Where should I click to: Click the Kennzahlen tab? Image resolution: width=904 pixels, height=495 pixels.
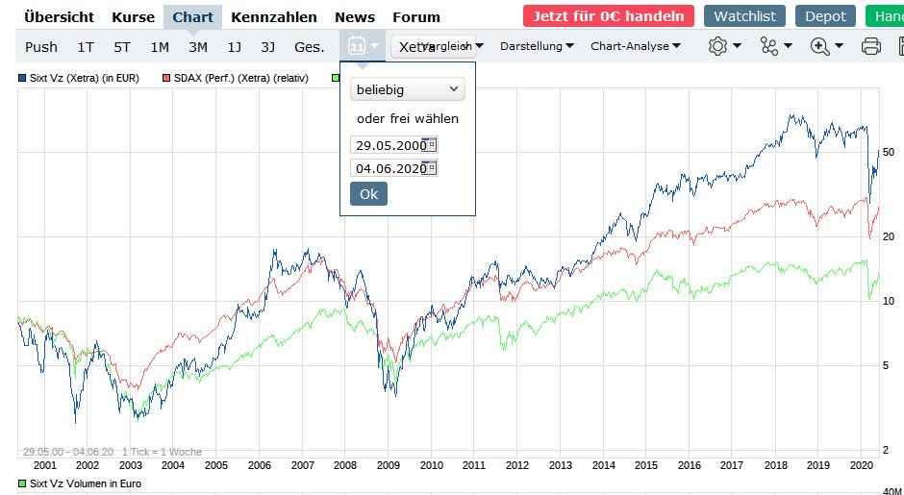coord(274,16)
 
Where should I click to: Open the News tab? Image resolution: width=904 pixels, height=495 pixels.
coord(355,16)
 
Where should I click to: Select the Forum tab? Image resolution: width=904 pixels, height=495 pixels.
coord(416,16)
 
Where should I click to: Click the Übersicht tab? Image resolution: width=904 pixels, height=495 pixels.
coord(59,16)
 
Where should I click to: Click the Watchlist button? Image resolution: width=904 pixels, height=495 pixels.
coord(744,16)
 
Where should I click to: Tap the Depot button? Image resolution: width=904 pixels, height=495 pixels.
coord(825,16)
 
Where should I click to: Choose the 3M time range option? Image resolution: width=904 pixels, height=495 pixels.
coord(198,46)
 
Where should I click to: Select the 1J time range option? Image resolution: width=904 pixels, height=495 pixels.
coord(235,46)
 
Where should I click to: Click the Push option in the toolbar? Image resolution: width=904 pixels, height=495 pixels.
coord(41,46)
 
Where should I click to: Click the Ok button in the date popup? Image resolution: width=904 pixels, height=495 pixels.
coord(368,193)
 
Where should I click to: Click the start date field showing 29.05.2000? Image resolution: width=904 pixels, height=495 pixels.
coord(390,145)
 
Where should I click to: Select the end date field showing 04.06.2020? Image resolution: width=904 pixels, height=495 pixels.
coord(390,168)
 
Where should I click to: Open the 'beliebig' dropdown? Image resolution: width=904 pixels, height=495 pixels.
coord(407,89)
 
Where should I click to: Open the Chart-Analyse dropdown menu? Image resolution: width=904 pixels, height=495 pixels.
coord(636,46)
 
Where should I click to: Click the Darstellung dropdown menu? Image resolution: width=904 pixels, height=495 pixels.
coord(538,46)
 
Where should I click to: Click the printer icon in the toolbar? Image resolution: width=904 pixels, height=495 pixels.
coord(871,46)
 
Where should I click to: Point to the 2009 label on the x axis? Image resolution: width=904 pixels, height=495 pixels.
coord(389,464)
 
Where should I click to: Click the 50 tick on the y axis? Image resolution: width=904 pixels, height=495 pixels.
coord(888,153)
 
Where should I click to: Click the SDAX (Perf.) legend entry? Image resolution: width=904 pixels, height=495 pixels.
coord(235,78)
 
